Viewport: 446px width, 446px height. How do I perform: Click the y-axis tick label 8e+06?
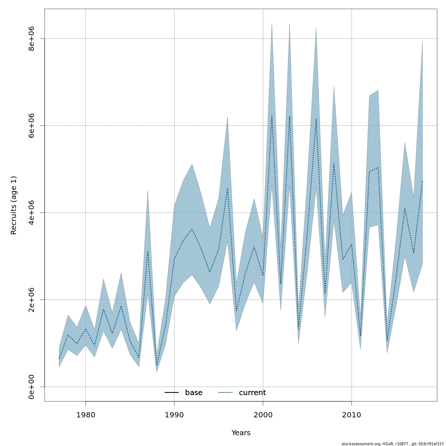[32, 39]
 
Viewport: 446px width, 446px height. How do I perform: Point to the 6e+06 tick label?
[32, 126]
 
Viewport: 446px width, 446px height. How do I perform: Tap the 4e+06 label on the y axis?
[32, 213]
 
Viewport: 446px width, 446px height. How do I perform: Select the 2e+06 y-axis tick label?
[32, 300]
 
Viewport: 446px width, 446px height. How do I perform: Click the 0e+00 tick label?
[32, 387]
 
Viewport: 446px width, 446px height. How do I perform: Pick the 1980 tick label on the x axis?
[85, 414]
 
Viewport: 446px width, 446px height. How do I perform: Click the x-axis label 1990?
[174, 414]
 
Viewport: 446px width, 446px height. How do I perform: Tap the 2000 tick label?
[263, 414]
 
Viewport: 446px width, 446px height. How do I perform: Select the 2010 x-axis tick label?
[352, 414]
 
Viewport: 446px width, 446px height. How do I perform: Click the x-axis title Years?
[241, 433]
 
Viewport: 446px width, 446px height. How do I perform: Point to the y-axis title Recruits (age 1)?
[14, 205]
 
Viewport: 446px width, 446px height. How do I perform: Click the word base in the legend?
[194, 393]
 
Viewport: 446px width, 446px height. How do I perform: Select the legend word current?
[252, 393]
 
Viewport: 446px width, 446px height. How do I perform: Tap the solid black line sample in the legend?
[172, 393]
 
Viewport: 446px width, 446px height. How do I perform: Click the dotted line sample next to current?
[225, 393]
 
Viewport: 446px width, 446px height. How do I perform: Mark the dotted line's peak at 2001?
[272, 116]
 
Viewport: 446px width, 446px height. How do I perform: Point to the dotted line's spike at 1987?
[148, 251]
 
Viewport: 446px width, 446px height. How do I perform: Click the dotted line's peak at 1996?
[227, 188]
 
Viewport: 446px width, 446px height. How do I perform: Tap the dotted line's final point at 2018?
[423, 181]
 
